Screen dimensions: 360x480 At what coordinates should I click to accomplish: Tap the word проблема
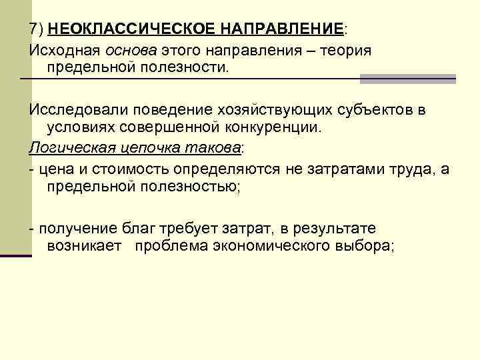(169, 246)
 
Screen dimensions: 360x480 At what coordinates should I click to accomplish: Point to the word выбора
(368, 246)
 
